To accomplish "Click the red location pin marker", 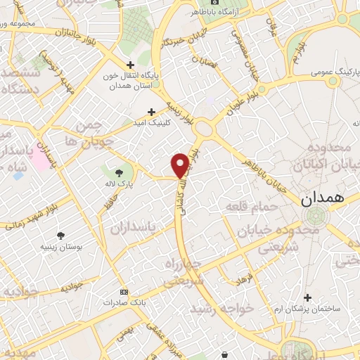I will [x=180, y=165].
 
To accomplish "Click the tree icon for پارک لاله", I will [x=118, y=170].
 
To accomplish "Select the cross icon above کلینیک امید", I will [x=151, y=111].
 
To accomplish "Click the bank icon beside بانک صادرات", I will [x=124, y=292].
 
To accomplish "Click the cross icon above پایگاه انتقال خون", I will [x=129, y=64].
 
